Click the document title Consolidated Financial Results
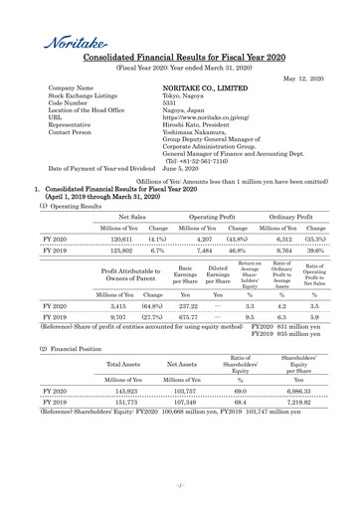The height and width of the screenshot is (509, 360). pyautogui.click(x=179, y=61)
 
